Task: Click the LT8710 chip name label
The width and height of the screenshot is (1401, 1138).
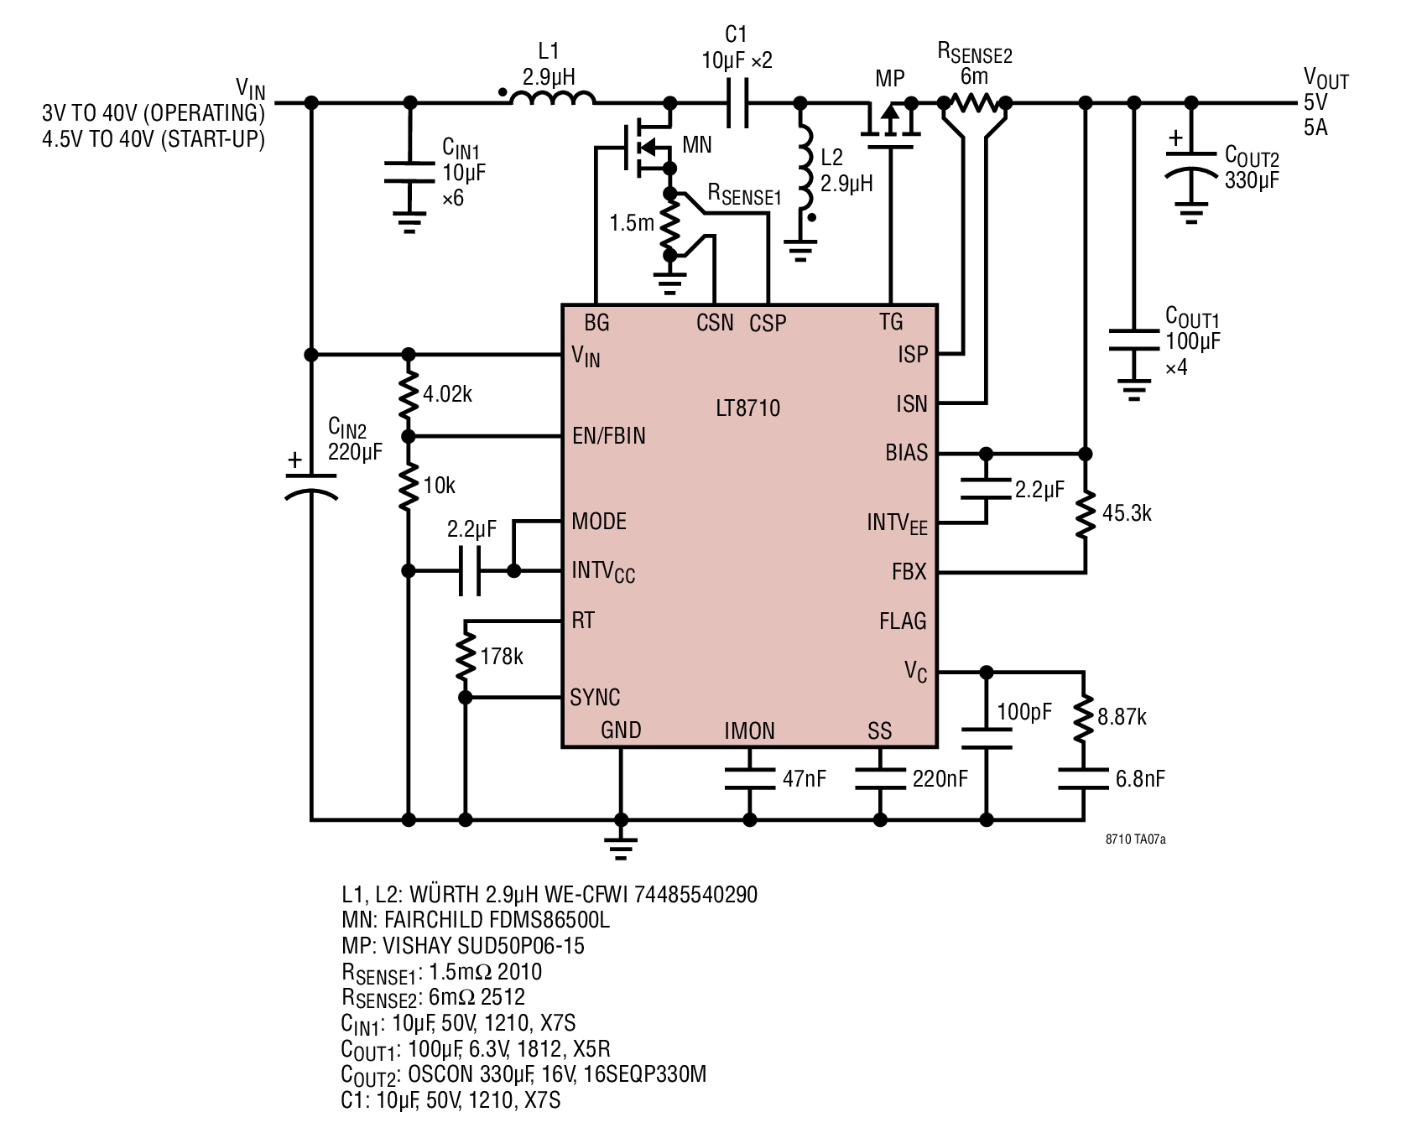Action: pyautogui.click(x=747, y=408)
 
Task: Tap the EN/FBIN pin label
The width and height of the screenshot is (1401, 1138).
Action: pyautogui.click(x=609, y=436)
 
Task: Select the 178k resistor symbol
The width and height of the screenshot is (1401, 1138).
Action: pyautogui.click(x=466, y=657)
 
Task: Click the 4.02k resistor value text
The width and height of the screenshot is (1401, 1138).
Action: pyautogui.click(x=447, y=394)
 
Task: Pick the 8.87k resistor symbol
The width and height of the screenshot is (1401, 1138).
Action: pyautogui.click(x=1083, y=717)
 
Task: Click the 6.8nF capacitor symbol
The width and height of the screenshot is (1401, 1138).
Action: pyautogui.click(x=1083, y=779)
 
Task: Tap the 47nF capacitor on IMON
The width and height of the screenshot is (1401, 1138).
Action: pyautogui.click(x=750, y=779)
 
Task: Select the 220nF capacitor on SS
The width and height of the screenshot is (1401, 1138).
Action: pyautogui.click(x=880, y=779)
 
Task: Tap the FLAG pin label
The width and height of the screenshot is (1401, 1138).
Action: pyautogui.click(x=903, y=621)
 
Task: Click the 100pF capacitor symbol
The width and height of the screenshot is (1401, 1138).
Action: pyautogui.click(x=987, y=738)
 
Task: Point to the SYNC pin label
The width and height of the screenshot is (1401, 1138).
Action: pyautogui.click(x=595, y=698)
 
